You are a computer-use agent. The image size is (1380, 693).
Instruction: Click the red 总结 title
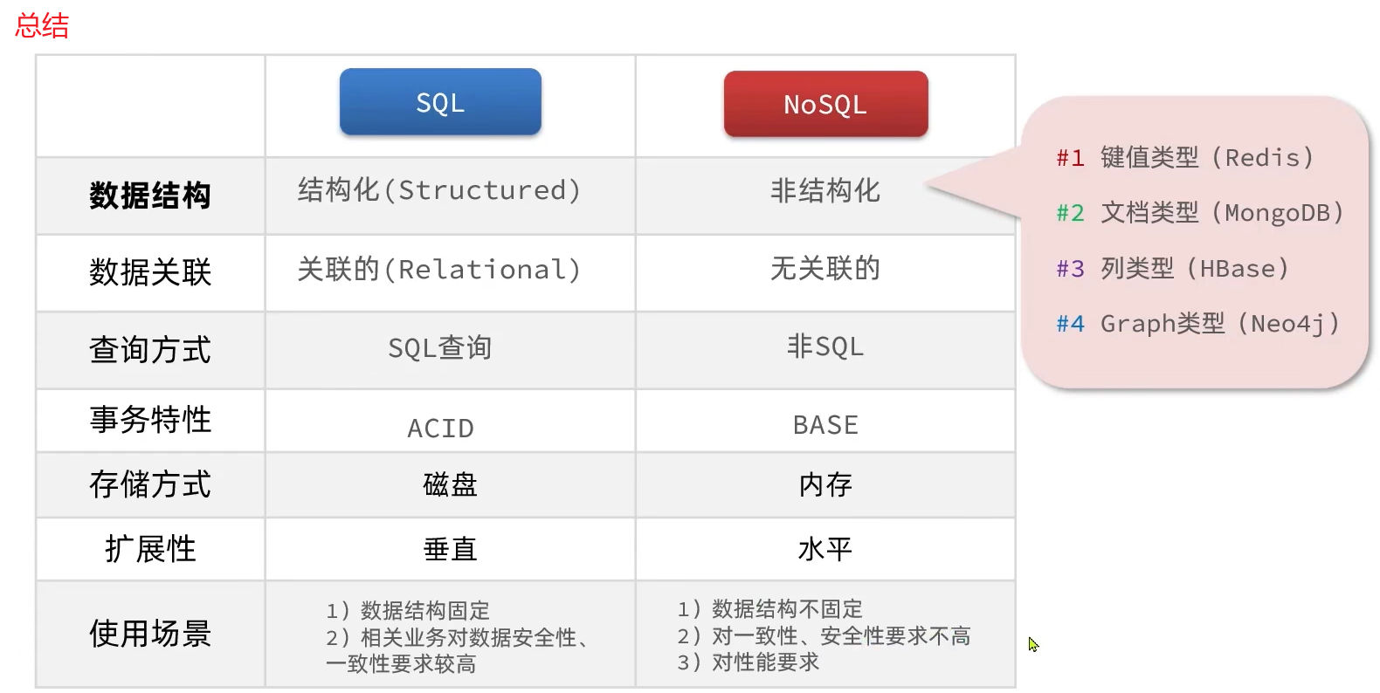click(x=42, y=25)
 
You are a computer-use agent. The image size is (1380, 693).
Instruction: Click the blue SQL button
click(x=440, y=102)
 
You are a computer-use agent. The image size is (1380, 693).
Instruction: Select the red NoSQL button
click(x=825, y=104)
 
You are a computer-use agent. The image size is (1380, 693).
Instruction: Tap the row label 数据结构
click(x=150, y=196)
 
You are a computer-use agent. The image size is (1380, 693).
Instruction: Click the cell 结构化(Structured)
click(x=439, y=190)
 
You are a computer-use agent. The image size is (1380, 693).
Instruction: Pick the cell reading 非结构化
click(x=825, y=190)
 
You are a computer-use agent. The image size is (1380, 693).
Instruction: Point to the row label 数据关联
click(x=150, y=272)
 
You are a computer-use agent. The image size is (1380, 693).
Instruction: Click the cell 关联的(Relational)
click(x=439, y=269)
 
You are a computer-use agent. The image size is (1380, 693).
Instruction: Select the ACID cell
click(x=440, y=428)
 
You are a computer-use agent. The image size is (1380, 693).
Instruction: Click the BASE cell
click(x=825, y=425)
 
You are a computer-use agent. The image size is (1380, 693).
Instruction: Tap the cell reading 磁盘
click(x=450, y=484)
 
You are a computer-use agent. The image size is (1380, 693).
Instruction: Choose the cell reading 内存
click(x=825, y=484)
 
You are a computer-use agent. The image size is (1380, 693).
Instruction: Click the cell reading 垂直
click(x=450, y=549)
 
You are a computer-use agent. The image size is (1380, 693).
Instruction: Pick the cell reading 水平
click(x=825, y=549)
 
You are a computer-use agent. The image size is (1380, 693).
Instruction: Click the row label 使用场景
click(x=150, y=634)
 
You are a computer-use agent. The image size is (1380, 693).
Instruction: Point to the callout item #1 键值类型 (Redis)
click(x=1185, y=157)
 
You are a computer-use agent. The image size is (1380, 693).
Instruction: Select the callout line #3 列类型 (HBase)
click(x=1173, y=268)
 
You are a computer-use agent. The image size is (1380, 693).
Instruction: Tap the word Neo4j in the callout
click(x=1288, y=324)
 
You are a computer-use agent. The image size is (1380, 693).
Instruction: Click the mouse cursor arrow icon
click(x=1033, y=644)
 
